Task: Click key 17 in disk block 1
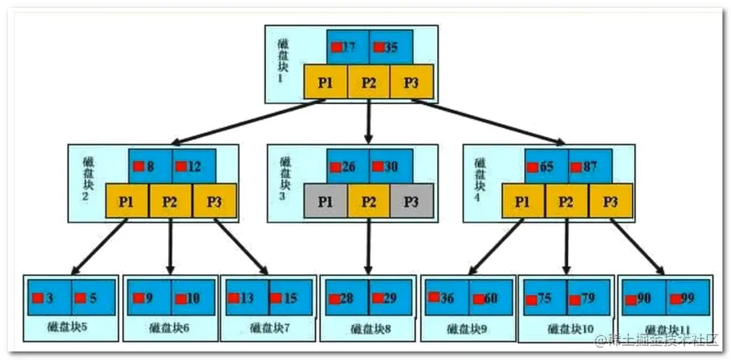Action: pyautogui.click(x=347, y=47)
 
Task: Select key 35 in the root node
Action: pyautogui.click(x=390, y=47)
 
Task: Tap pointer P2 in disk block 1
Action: pyautogui.click(x=368, y=82)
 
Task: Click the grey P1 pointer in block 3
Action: pyautogui.click(x=326, y=201)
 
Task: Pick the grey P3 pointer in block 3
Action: pyautogui.click(x=411, y=201)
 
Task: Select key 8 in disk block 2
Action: pyautogui.click(x=149, y=166)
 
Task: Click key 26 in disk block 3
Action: pyautogui.click(x=347, y=166)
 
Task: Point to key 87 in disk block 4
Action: pyautogui.click(x=589, y=166)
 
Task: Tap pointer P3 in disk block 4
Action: pyautogui.click(x=609, y=201)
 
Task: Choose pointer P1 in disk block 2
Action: pyautogui.click(x=127, y=201)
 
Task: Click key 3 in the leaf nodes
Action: pyautogui.click(x=49, y=298)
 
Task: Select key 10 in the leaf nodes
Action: pyautogui.click(x=192, y=298)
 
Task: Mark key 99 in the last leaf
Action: pyautogui.click(x=688, y=298)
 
